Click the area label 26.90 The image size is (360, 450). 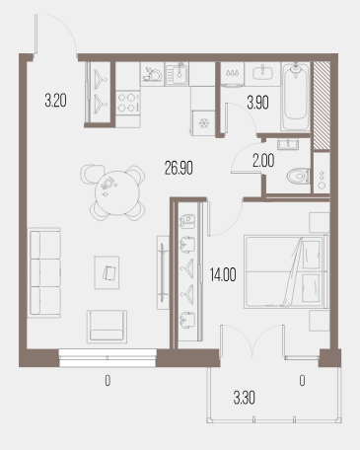tap(179, 168)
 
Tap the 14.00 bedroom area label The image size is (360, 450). tap(223, 274)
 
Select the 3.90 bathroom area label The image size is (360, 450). tap(258, 103)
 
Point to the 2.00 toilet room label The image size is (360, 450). tap(263, 161)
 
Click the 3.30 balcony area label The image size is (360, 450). tap(245, 398)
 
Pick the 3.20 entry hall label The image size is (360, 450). tap(55, 101)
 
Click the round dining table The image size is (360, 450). tap(117, 191)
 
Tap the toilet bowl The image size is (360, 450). tap(298, 176)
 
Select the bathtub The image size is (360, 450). tap(296, 97)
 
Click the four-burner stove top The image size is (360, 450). tap(128, 103)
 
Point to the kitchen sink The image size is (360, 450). tap(177, 74)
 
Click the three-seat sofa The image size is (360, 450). tap(44, 272)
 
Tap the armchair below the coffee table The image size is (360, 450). tap(107, 327)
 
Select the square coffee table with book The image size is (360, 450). tap(107, 272)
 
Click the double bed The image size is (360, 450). tap(286, 271)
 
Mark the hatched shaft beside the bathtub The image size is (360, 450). tap(322, 106)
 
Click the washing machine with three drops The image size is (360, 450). tap(232, 75)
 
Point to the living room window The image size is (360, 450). tap(108, 358)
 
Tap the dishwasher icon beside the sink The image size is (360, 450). tap(153, 74)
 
